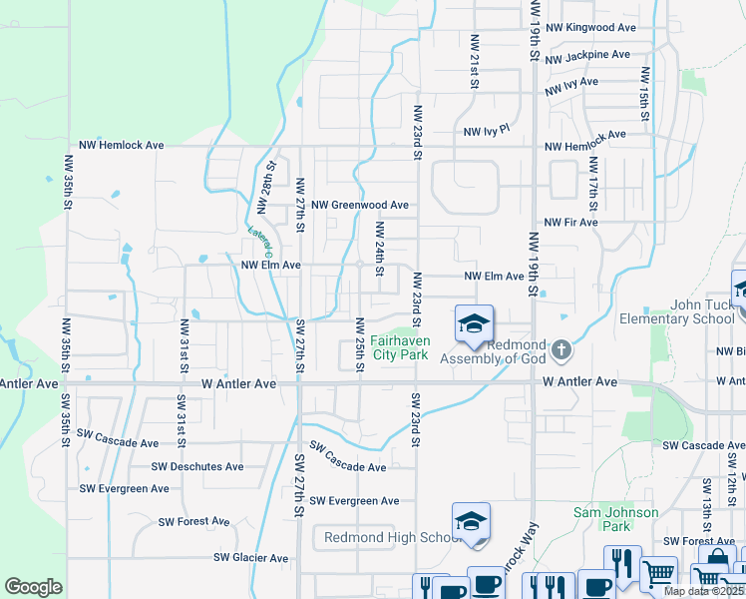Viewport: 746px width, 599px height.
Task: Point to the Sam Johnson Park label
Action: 615,519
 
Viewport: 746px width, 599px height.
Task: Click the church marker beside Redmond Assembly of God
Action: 561,348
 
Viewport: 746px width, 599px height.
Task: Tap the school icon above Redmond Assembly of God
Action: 474,322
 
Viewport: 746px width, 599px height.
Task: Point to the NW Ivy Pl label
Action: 486,131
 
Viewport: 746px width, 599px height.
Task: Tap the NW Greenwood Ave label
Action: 360,205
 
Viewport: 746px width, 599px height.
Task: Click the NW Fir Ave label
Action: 569,222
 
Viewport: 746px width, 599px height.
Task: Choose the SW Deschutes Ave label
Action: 197,466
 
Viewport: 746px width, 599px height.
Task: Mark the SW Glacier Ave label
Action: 250,558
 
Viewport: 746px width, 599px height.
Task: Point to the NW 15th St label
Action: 645,95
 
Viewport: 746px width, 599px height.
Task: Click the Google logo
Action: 33,587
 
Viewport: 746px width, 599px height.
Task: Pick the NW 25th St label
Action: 358,342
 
